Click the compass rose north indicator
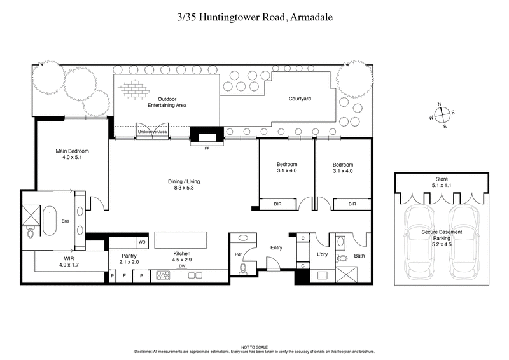pyautogui.click(x=438, y=104)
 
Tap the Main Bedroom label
pyautogui.click(x=72, y=155)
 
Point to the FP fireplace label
pyautogui.click(x=206, y=148)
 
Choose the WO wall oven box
pyautogui.click(x=141, y=242)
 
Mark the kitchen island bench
pyautogui.click(x=181, y=240)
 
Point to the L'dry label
pyautogui.click(x=322, y=255)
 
